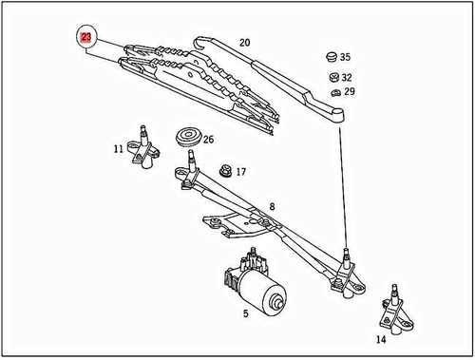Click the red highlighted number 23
pos(86,37)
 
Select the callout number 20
pos(244,43)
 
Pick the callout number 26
pos(208,139)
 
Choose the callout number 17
pos(240,172)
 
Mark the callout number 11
pos(272,206)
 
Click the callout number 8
pos(272,206)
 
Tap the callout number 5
pos(246,312)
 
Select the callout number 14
pos(380,338)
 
